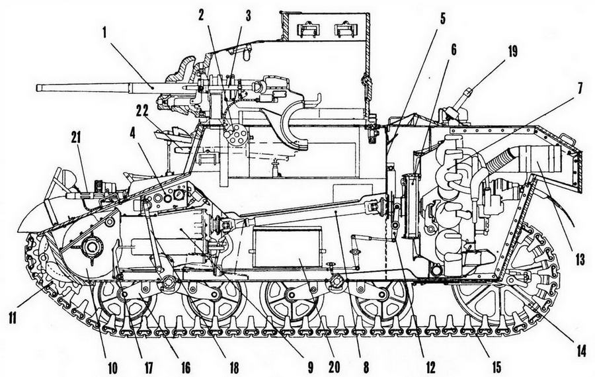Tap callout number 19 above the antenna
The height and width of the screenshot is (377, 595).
[512, 52]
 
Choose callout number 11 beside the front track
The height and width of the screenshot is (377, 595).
[13, 317]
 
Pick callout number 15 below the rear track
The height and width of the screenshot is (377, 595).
[495, 366]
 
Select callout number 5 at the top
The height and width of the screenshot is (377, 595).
[442, 20]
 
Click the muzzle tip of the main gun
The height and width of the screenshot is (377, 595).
[38, 88]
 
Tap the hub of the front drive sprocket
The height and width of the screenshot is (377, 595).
[91, 247]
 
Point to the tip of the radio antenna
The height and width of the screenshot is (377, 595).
[469, 91]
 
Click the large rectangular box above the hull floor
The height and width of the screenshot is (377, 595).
[288, 247]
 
